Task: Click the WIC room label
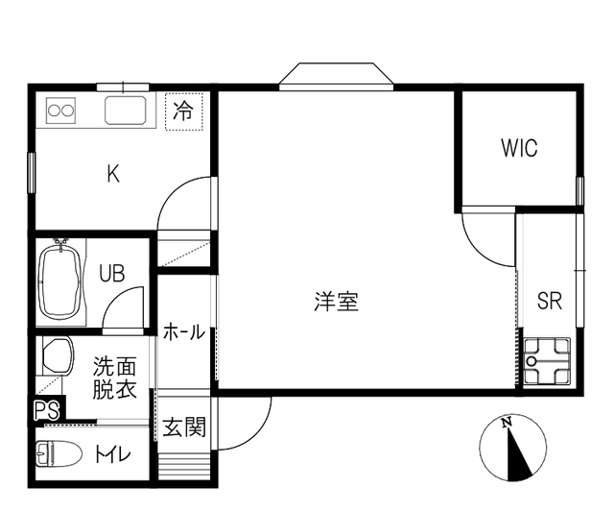(519, 148)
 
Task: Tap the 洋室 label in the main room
(337, 302)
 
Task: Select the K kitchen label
(113, 174)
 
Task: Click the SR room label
(550, 301)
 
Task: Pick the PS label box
(47, 410)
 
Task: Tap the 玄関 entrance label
(184, 427)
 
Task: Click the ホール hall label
(184, 332)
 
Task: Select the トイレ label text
(113, 454)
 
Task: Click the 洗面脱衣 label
(114, 378)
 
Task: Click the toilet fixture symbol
(59, 453)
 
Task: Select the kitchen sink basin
(126, 110)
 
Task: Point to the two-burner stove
(60, 110)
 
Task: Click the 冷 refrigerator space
(183, 111)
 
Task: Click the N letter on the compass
(508, 423)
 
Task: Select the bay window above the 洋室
(337, 77)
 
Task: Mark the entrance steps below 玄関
(184, 466)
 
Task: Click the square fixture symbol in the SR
(547, 360)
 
